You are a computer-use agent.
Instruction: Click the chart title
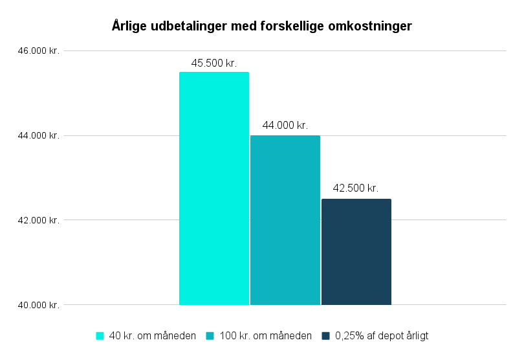coord(261,27)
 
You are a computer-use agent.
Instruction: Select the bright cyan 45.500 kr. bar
coord(214,188)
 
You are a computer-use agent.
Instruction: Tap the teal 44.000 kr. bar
coord(285,220)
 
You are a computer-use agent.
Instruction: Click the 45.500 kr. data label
coord(214,63)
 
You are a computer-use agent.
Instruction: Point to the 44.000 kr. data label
coord(285,126)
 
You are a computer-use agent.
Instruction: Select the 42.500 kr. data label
coord(356,188)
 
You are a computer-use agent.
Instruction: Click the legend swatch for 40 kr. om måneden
coord(100,335)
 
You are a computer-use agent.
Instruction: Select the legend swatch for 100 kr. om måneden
coord(211,335)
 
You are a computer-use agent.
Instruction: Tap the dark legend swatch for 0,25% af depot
coord(326,335)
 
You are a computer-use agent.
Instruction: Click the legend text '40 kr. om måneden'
coord(152,335)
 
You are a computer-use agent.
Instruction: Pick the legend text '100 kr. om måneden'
coord(266,335)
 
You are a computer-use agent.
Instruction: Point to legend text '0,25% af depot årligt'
coord(382,335)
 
